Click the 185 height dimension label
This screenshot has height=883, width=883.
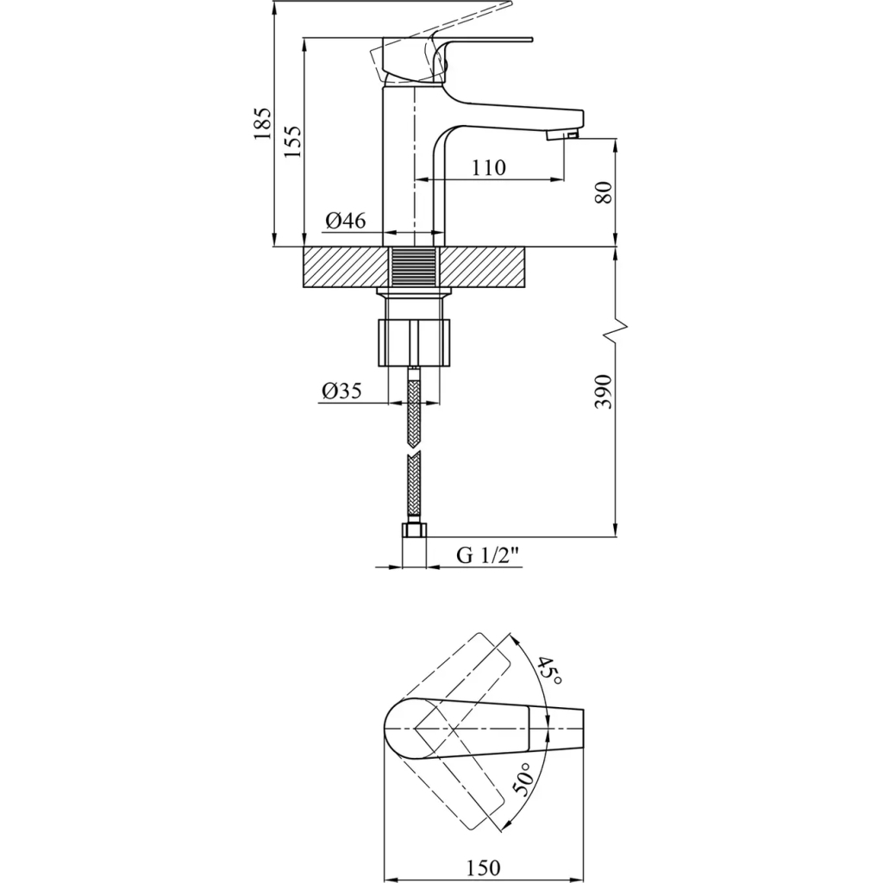pos(262,124)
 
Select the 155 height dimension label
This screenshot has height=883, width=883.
pos(292,141)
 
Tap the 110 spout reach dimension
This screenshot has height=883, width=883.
pos(488,167)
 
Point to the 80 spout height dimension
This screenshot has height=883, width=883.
pos(603,192)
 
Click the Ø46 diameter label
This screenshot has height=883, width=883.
pos(345,220)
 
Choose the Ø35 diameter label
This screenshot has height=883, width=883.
pos(341,391)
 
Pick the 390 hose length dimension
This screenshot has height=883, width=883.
pos(603,391)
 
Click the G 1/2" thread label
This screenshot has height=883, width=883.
pos(487,556)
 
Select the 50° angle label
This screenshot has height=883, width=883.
pos(523,780)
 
